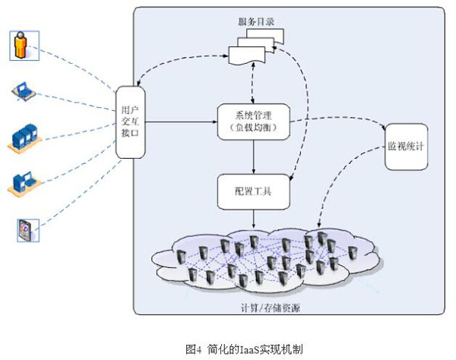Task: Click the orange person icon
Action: coord(22,45)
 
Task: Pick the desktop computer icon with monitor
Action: coord(23,182)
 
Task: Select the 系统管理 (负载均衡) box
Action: coord(254,121)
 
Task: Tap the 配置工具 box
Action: coord(254,191)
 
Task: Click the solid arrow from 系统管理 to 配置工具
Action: coord(254,156)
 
